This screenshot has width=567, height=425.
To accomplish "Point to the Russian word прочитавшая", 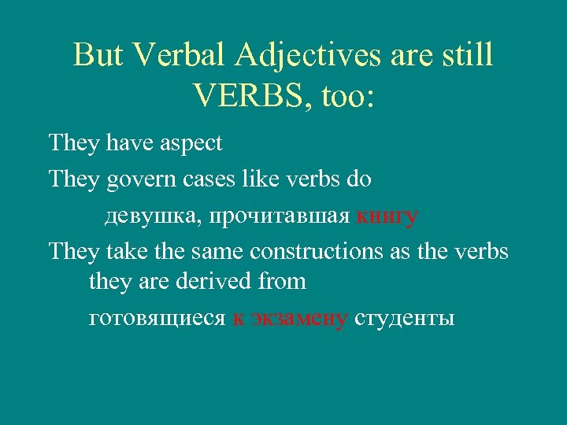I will click(269, 216).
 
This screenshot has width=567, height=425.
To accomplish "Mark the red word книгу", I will click(387, 216).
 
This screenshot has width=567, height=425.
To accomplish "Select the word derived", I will click(222, 280).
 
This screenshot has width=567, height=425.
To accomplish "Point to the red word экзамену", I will click(298, 318).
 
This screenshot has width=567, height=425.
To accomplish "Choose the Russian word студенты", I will click(404, 318).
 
